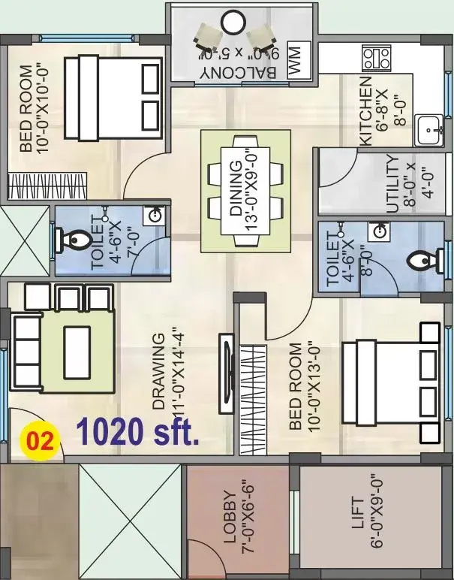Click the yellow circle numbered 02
[x=40, y=440]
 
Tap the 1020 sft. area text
[x=137, y=431]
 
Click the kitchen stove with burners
[x=377, y=58]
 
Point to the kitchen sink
[x=429, y=130]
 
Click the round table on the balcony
[x=233, y=23]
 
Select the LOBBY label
[x=230, y=517]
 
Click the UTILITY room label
[x=393, y=184]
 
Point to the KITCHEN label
[x=365, y=111]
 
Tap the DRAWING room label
[x=158, y=371]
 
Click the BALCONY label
[x=239, y=72]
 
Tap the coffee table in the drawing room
[x=77, y=352]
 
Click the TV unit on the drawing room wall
[x=226, y=373]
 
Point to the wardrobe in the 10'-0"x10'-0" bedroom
[x=48, y=186]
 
